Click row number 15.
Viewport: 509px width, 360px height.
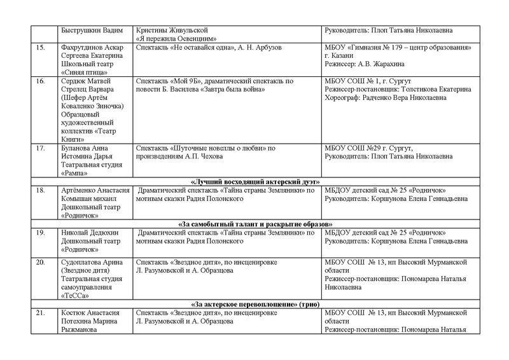40,48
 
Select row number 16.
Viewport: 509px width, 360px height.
40,82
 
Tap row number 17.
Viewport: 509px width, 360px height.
40,149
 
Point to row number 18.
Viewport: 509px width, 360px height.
40,191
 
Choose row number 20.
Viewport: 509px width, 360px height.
40,261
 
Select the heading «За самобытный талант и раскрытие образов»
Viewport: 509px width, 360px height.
254,224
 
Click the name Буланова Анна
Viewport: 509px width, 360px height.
82,149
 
